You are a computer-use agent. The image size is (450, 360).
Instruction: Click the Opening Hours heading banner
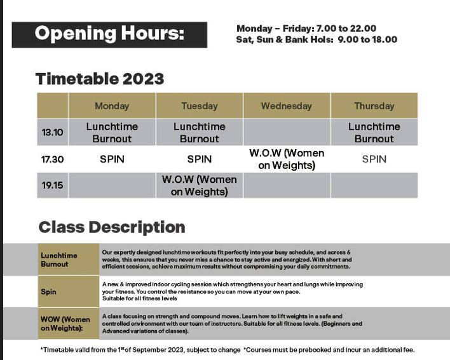pyautogui.click(x=109, y=35)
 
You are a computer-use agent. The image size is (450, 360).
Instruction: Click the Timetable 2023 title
pyautogui.click(x=100, y=79)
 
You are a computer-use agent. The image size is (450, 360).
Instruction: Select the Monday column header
pyautogui.click(x=112, y=106)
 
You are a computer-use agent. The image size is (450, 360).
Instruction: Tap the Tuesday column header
pyautogui.click(x=200, y=106)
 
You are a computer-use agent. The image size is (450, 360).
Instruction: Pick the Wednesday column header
pyautogui.click(x=287, y=106)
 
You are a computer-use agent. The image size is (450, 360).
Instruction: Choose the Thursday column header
pyautogui.click(x=374, y=106)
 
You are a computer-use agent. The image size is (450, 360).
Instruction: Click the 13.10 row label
pyautogui.click(x=53, y=133)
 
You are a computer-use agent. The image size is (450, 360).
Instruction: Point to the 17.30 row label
pyautogui.click(x=53, y=159)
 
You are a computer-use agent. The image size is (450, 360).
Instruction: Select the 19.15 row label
pyautogui.click(x=53, y=185)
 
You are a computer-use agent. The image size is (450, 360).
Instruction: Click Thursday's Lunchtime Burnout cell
pyautogui.click(x=374, y=133)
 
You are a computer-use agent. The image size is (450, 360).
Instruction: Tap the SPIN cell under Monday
pyautogui.click(x=112, y=159)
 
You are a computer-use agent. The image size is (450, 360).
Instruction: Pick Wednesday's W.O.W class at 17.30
pyautogui.click(x=287, y=159)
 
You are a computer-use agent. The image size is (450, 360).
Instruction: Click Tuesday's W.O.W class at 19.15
pyautogui.click(x=200, y=185)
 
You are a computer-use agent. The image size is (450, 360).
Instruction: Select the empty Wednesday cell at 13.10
pyautogui.click(x=287, y=133)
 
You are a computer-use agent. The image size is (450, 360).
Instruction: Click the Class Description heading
pyautogui.click(x=112, y=227)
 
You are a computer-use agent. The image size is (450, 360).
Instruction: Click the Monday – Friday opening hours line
pyautogui.click(x=306, y=29)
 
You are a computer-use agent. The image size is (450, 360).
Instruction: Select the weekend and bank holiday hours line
pyautogui.click(x=317, y=39)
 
